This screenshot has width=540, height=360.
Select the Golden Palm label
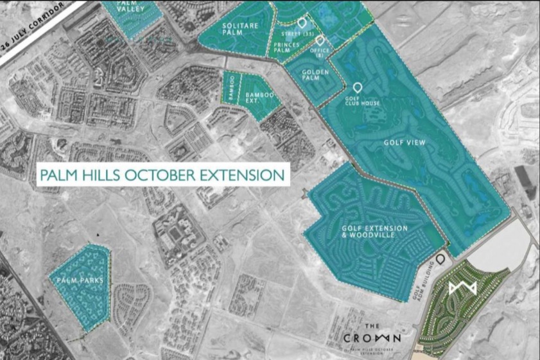click(x=316, y=76)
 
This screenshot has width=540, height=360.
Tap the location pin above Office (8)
click(x=319, y=40)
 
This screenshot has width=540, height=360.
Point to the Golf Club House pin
click(x=358, y=88)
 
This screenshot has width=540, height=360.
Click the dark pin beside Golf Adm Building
click(x=440, y=259)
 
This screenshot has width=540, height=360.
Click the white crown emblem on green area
click(x=464, y=289)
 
